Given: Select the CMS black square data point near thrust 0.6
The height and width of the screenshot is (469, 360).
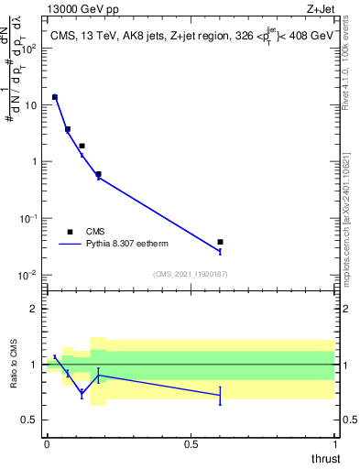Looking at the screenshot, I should [x=220, y=242].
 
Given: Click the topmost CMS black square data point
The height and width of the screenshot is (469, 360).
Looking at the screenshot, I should [x=55, y=96].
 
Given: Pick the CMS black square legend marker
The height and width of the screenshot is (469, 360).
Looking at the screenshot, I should [x=70, y=232].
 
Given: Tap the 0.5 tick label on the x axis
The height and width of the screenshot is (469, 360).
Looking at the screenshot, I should [x=191, y=444].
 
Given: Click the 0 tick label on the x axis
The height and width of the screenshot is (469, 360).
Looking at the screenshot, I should [x=47, y=444].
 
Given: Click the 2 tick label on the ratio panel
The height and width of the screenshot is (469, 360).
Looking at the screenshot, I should [x=35, y=309].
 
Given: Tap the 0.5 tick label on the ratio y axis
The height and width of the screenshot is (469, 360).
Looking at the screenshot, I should [x=30, y=420].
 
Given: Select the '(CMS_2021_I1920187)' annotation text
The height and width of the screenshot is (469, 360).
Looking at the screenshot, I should [x=191, y=273].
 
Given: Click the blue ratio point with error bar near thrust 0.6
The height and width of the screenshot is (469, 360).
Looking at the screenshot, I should [x=220, y=395].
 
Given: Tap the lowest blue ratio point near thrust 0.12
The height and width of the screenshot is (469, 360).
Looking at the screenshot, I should [x=82, y=393].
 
